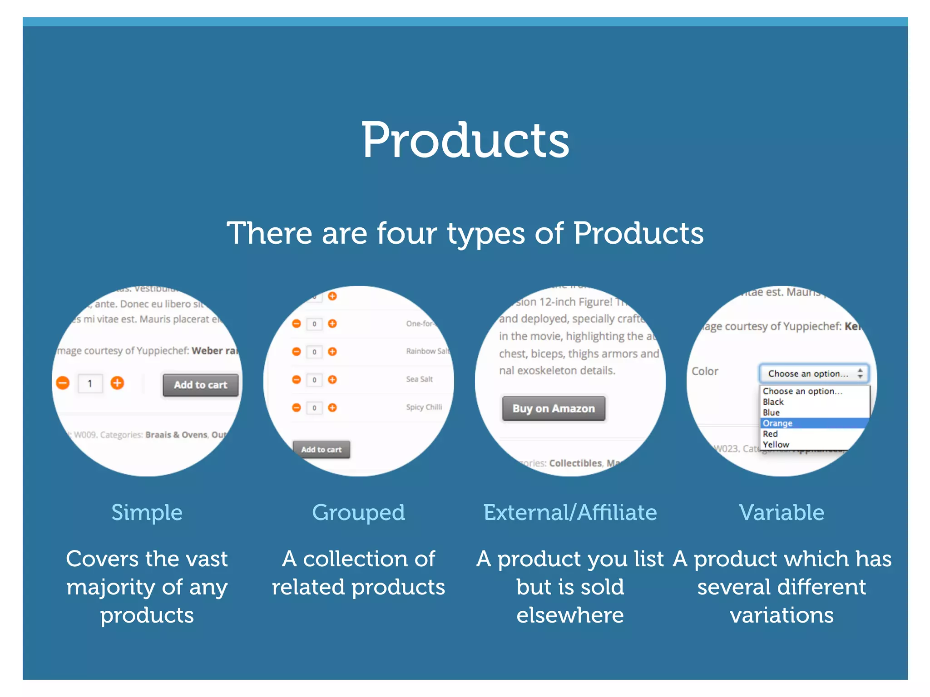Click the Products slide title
[465, 141]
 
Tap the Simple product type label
[147, 512]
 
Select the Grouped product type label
[358, 512]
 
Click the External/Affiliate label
[570, 512]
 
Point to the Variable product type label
[782, 512]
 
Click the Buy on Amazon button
[554, 408]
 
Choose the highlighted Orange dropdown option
[777, 423]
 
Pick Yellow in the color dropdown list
[776, 445]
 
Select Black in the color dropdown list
[773, 402]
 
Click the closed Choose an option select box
[814, 373]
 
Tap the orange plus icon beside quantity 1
[117, 383]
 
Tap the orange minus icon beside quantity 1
[63, 383]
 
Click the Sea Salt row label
[419, 379]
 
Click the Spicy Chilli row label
[424, 407]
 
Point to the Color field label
[705, 371]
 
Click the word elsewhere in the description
[570, 615]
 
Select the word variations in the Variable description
[782, 615]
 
